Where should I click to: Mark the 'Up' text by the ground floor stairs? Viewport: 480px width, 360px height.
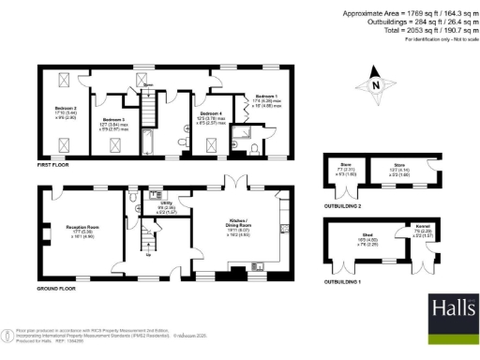(150, 252)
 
